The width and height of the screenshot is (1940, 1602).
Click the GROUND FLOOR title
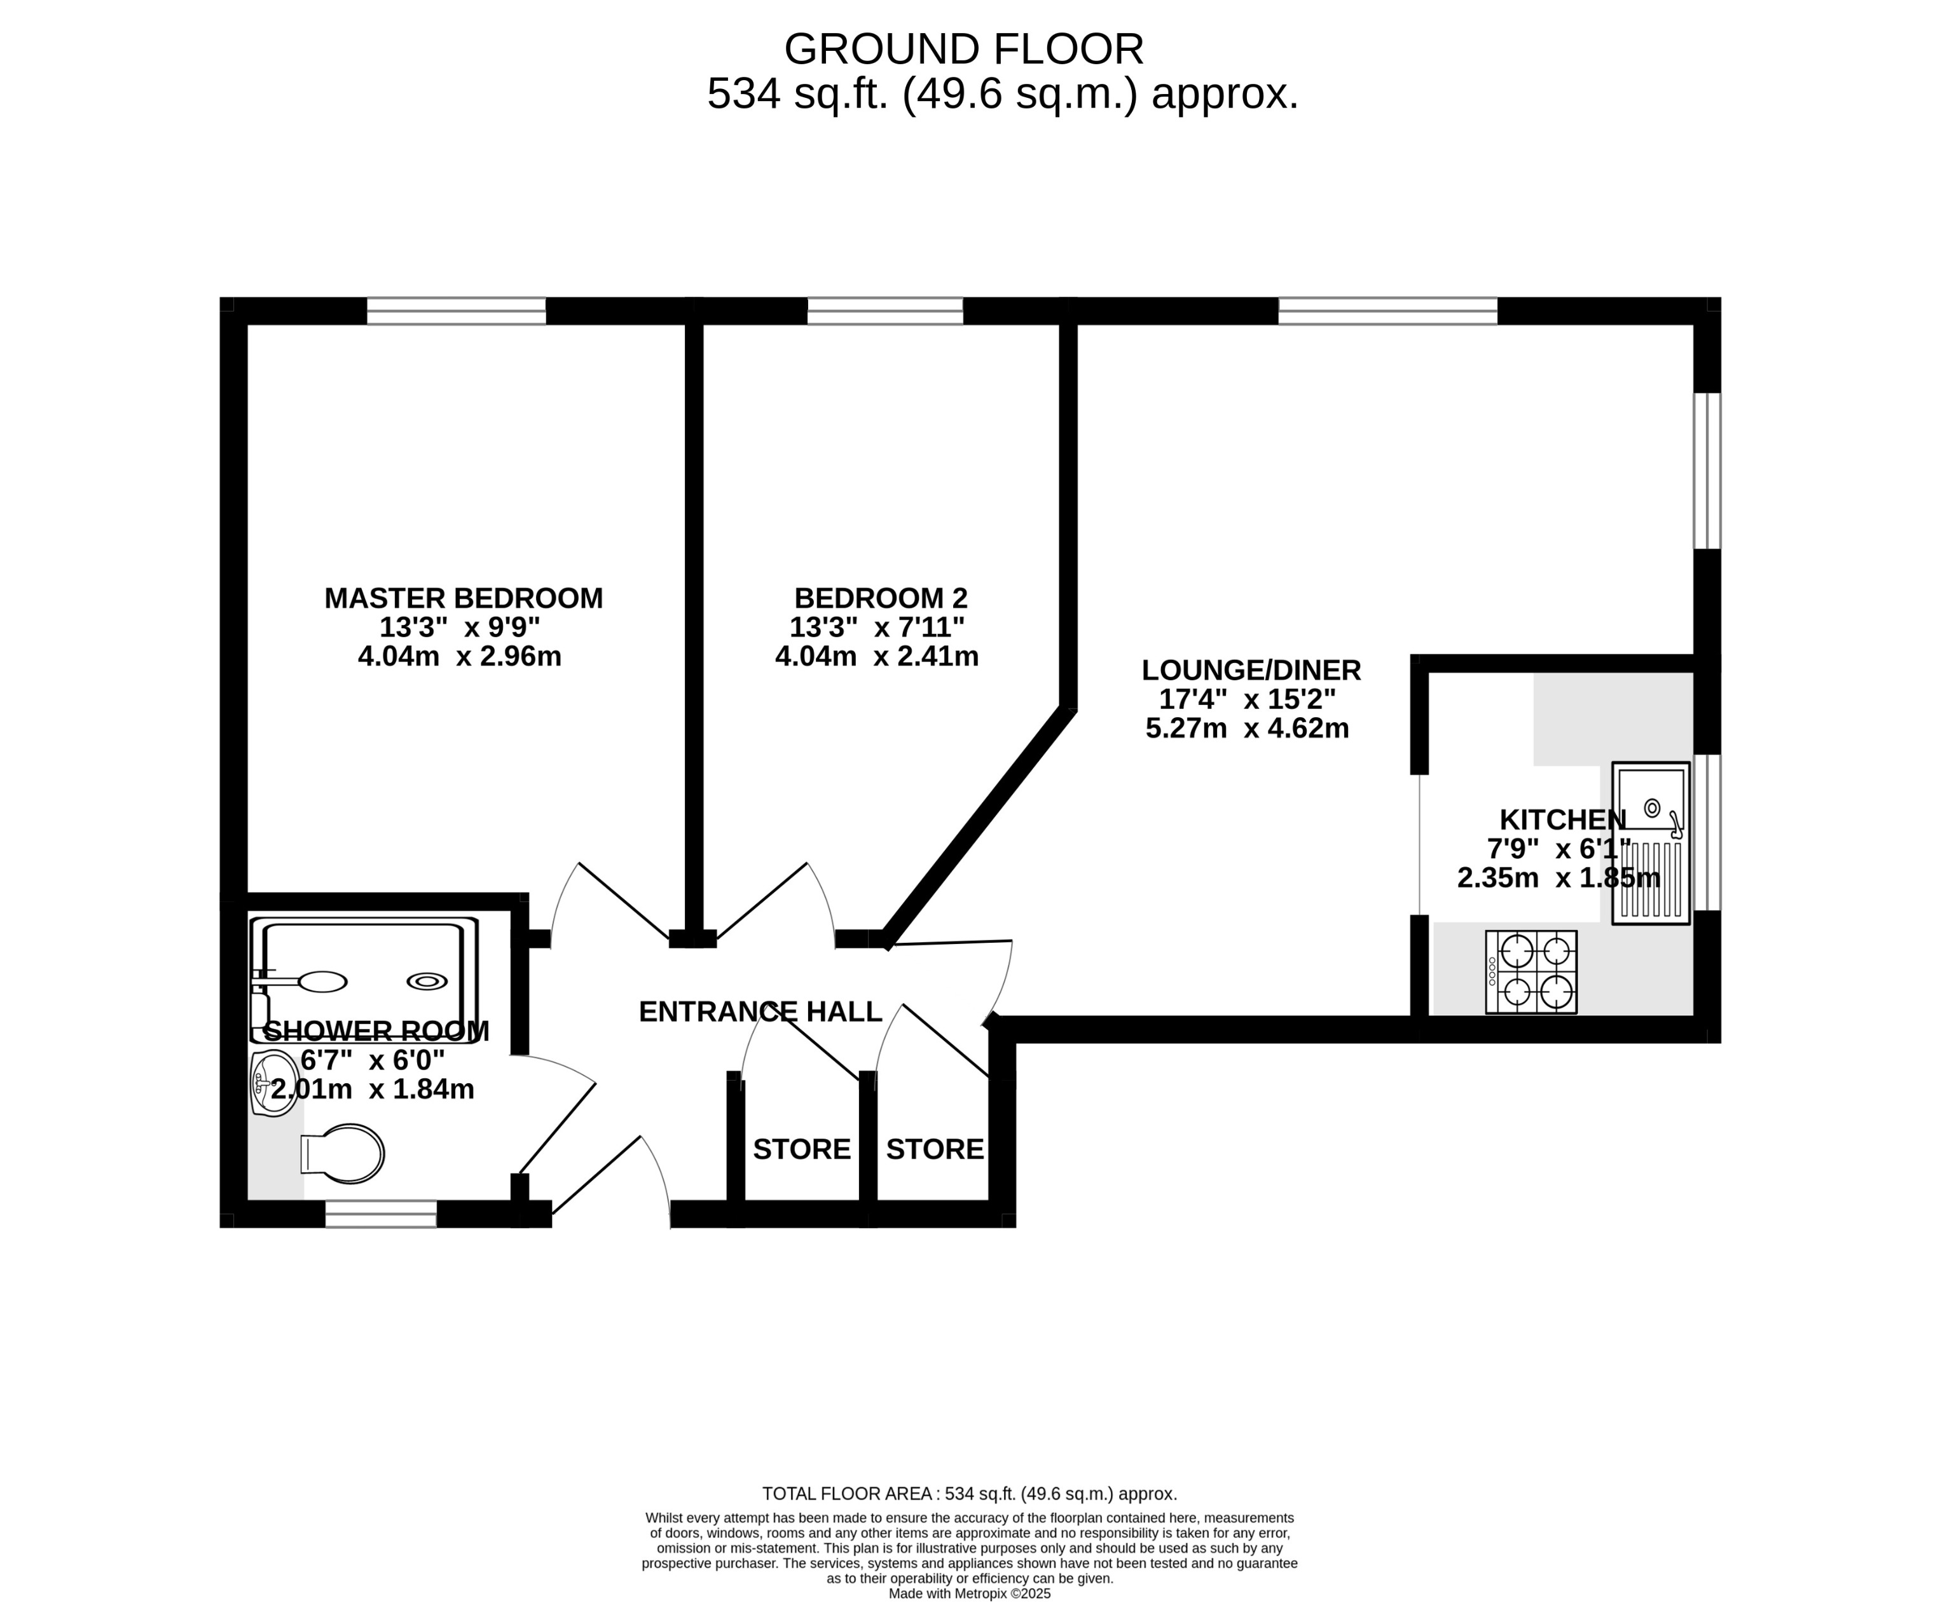pos(963,50)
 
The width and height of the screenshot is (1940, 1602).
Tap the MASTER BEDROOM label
pos(464,598)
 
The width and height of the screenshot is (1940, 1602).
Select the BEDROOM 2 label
pos(881,598)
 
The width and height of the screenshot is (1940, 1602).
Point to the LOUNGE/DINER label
pos(1251,670)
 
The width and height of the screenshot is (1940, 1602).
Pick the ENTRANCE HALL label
pos(760,1011)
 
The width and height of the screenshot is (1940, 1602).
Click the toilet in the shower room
pos(343,1154)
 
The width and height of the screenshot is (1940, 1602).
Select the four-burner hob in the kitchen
pos(1531,972)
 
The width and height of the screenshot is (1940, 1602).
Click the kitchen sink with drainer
pos(1650,842)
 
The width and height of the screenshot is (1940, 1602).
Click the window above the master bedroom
pos(456,311)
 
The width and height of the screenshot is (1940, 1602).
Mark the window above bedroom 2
pos(884,311)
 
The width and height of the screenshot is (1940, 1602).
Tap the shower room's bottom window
pos(380,1214)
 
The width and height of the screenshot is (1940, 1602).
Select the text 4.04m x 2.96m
pos(460,656)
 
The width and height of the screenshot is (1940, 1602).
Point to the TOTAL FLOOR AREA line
pos(969,1493)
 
